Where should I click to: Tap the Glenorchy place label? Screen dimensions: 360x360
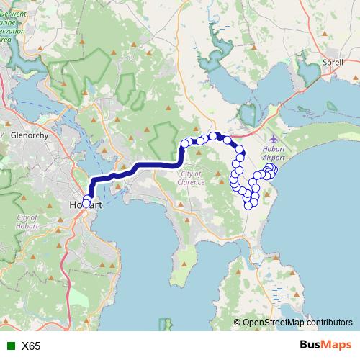[x=29, y=135]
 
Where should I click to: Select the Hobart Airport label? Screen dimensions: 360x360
[x=274, y=152]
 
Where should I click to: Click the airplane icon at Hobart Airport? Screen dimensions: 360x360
[x=273, y=138]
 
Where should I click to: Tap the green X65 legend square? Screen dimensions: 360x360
[x=9, y=346]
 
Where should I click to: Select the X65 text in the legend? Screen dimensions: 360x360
[x=31, y=346]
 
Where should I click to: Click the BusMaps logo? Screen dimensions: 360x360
[x=325, y=346]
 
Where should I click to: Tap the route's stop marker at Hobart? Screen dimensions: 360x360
[x=86, y=203]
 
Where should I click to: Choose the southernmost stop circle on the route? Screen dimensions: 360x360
[x=250, y=204]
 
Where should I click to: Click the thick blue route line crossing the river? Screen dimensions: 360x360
[x=108, y=178]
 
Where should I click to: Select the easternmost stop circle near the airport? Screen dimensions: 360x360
[x=273, y=170]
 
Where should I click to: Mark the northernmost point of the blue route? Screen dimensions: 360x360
[x=215, y=135]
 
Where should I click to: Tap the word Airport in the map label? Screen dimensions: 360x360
[x=274, y=156]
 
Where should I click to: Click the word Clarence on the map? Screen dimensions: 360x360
[x=194, y=182]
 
